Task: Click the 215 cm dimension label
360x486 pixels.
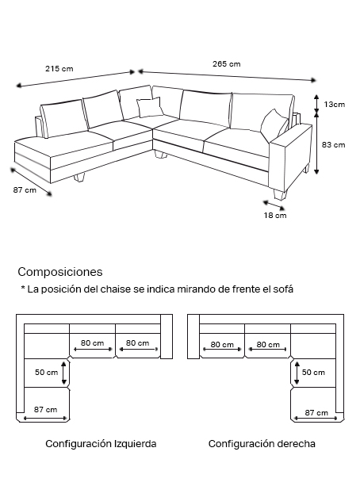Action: [59, 68]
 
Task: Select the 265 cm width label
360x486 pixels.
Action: [226, 64]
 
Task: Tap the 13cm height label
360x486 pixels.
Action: [335, 105]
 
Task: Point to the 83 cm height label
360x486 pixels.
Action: [333, 145]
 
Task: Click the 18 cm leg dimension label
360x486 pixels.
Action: [275, 216]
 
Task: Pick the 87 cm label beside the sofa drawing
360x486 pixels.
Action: [25, 190]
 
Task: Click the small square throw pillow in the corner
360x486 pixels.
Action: [150, 107]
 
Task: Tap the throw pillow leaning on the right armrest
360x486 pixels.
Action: [274, 124]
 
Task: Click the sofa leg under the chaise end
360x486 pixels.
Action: [79, 177]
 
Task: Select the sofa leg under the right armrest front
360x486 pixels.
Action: [279, 195]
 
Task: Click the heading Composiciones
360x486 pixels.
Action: [60, 272]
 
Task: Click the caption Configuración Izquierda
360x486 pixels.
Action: [101, 444]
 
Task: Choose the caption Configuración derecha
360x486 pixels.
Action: [262, 444]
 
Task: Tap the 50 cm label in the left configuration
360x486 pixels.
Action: [47, 373]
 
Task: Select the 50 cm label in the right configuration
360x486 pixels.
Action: [313, 373]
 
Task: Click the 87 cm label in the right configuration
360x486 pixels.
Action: [316, 413]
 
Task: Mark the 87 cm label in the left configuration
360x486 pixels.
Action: [45, 410]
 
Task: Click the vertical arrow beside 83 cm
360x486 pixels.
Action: [316, 144]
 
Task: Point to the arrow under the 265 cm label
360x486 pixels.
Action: [228, 76]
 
